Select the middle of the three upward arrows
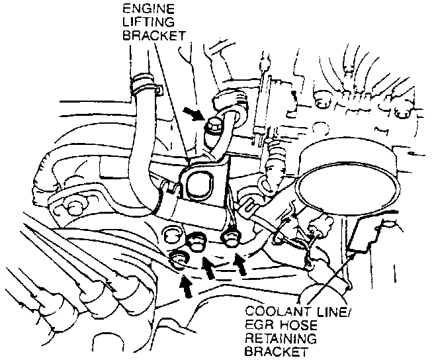[x=209, y=268]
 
